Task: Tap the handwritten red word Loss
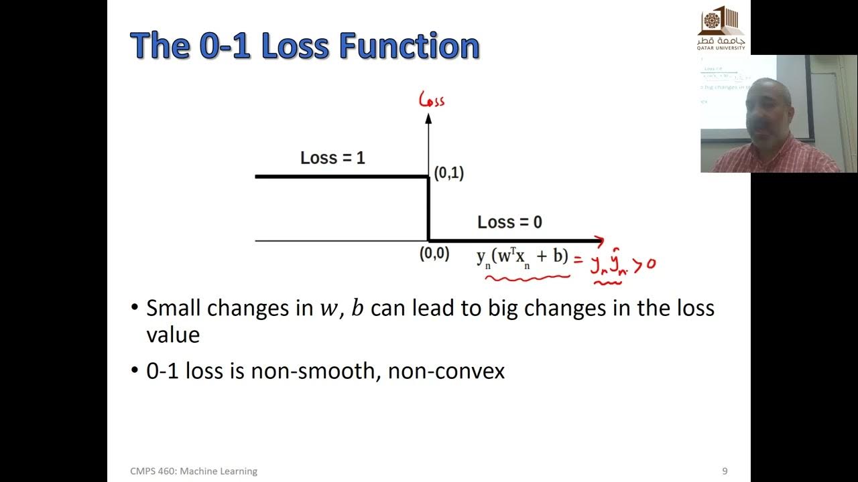(x=432, y=100)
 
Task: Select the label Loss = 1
(x=332, y=158)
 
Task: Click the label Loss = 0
(x=509, y=222)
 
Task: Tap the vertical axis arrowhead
(x=428, y=118)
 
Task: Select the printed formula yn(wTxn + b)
(x=522, y=257)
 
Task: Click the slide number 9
(x=725, y=471)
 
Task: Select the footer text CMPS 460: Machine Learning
(x=194, y=471)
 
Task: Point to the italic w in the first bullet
(x=328, y=309)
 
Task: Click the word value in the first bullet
(x=173, y=335)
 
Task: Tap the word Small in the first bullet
(x=174, y=308)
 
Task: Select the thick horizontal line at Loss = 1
(x=342, y=177)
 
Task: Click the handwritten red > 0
(x=644, y=265)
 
